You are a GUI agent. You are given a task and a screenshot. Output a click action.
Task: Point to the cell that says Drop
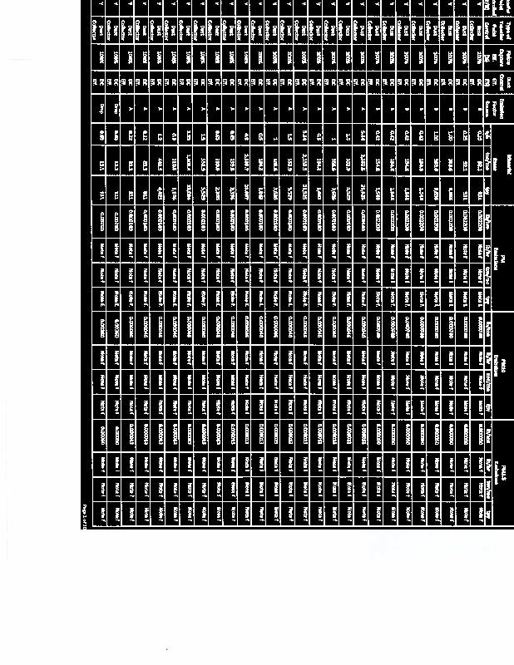[x=102, y=107]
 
